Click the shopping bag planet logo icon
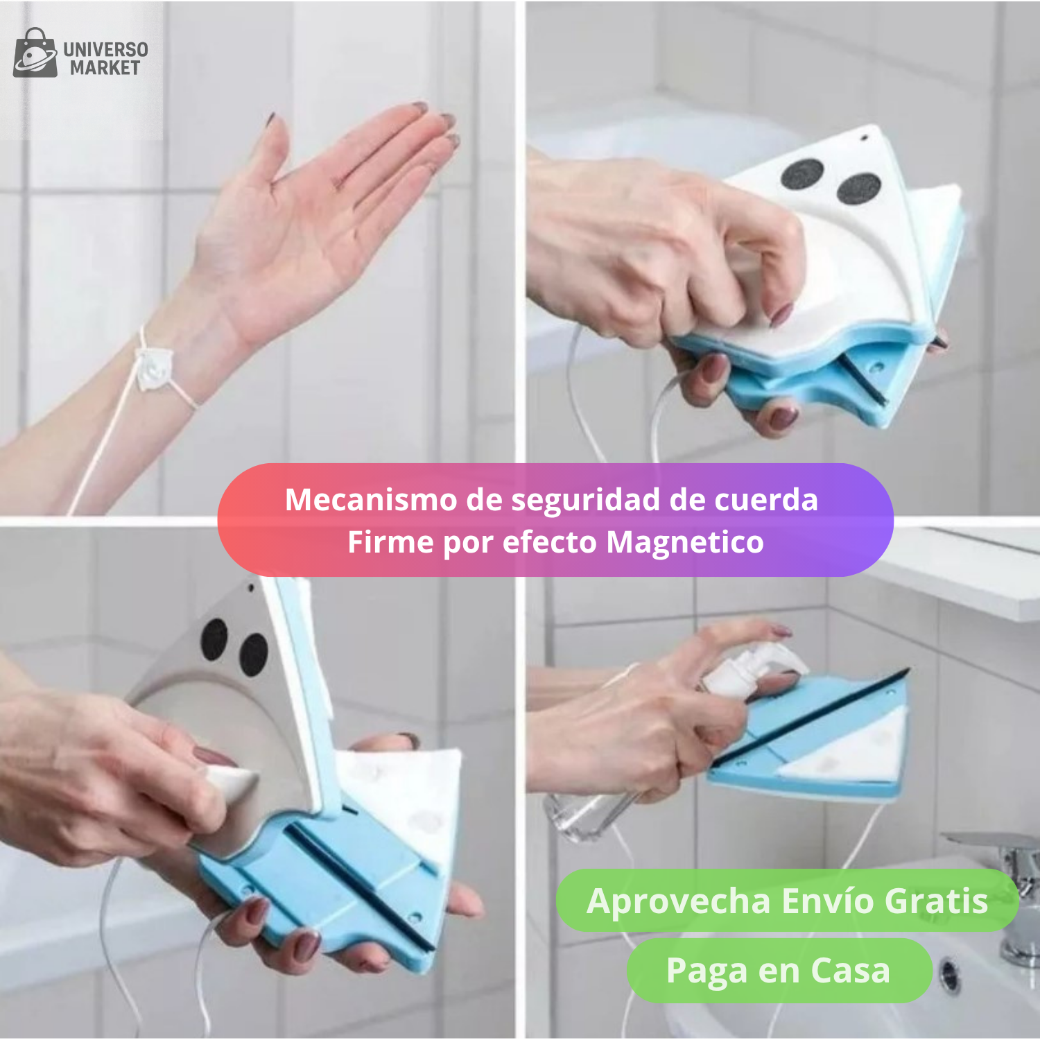35,53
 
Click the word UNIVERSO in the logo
105,50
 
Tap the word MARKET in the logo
105,68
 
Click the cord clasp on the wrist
154,367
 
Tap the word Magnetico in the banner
685,542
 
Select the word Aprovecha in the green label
678,902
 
